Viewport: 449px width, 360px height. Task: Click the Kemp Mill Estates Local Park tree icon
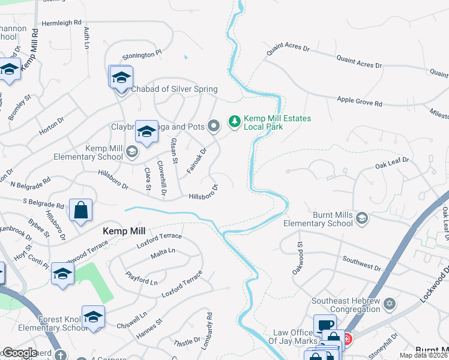click(x=234, y=122)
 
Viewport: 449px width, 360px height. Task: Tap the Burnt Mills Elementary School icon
click(x=362, y=218)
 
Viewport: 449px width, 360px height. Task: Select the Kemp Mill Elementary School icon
click(x=131, y=152)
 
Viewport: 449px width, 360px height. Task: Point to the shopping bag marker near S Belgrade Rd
click(x=80, y=210)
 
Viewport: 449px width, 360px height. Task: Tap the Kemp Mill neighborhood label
click(x=125, y=230)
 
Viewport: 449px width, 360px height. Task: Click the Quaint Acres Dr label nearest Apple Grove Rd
click(x=360, y=61)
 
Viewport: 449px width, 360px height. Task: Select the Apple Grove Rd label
click(x=360, y=102)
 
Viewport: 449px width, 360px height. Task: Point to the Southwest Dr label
click(x=362, y=260)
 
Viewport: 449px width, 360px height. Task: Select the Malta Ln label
click(x=163, y=252)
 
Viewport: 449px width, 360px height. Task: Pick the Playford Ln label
click(x=141, y=278)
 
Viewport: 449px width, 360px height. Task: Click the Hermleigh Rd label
click(x=61, y=23)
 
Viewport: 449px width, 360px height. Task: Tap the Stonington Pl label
click(x=142, y=55)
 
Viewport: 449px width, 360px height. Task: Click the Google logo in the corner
click(x=19, y=353)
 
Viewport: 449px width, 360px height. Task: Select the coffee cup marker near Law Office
click(x=324, y=325)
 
